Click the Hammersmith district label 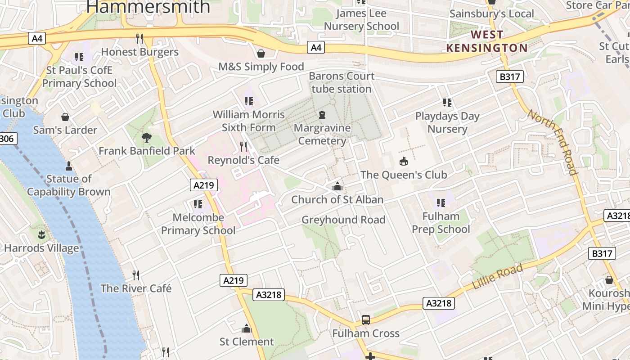click(148, 6)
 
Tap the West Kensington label click(487, 41)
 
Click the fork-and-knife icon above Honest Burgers click(139, 39)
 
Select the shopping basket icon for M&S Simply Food click(261, 54)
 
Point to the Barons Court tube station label click(342, 82)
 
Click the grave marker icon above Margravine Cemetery click(322, 115)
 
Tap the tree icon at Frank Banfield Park click(146, 138)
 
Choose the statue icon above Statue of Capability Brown click(68, 166)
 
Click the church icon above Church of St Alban click(337, 186)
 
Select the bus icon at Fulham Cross click(366, 320)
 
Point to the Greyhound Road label click(343, 220)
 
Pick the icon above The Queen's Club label click(404, 162)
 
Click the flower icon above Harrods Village click(41, 235)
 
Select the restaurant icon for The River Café click(136, 275)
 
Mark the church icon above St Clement click(247, 328)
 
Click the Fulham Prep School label click(441, 223)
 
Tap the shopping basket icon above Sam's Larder click(65, 117)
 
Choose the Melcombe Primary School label click(198, 224)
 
